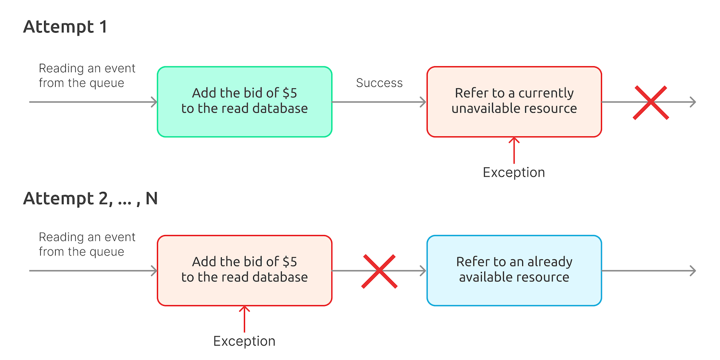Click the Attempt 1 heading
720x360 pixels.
click(65, 27)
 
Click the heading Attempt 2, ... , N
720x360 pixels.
click(90, 198)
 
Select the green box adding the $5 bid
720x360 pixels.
click(244, 102)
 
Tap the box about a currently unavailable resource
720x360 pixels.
click(514, 102)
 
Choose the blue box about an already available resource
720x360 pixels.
click(514, 270)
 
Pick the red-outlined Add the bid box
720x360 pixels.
click(244, 270)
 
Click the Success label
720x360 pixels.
click(379, 83)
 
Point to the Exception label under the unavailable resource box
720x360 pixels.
click(514, 172)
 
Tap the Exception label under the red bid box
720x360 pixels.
click(244, 341)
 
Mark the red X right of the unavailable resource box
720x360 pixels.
click(650, 102)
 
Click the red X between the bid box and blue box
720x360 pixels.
click(379, 271)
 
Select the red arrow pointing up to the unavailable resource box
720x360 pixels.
click(514, 150)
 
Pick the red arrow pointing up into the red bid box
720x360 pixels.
click(244, 319)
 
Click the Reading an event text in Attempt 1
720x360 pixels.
click(87, 76)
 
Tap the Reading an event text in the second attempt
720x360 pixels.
click(87, 244)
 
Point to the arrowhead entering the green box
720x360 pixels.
click(155, 102)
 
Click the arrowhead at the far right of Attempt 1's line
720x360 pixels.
click(693, 102)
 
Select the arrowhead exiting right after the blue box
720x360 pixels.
click(693, 271)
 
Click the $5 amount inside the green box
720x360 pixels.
click(289, 93)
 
